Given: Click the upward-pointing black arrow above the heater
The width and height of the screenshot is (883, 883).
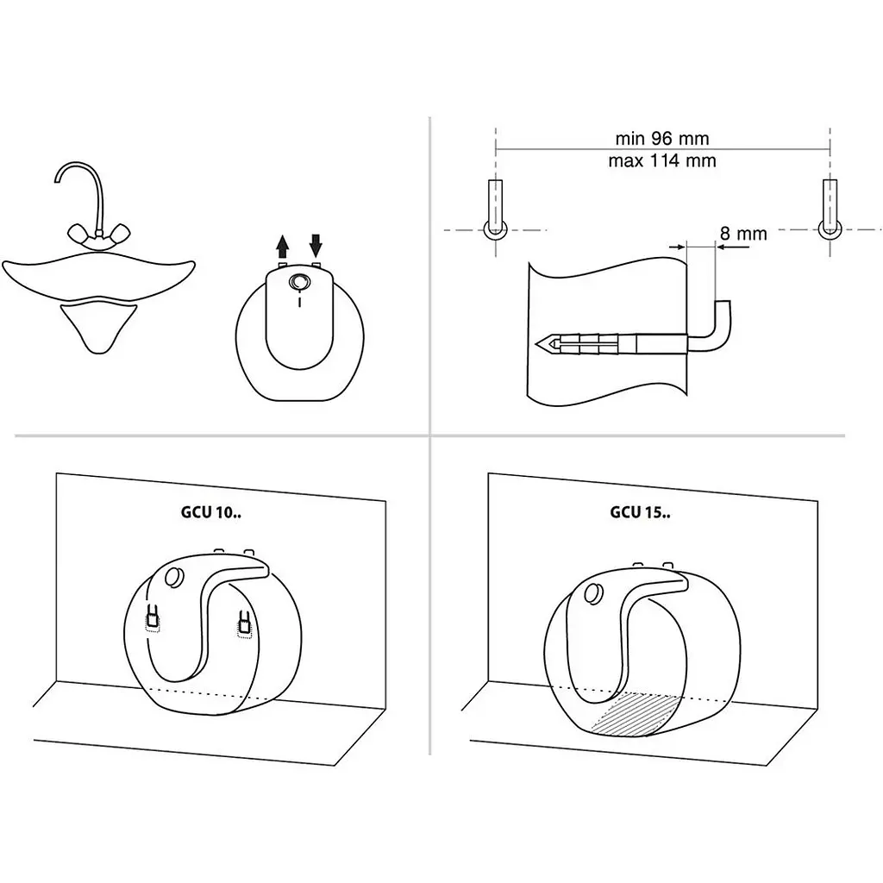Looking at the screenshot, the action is tap(283, 247).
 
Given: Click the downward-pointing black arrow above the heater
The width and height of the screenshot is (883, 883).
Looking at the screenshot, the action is tap(316, 246).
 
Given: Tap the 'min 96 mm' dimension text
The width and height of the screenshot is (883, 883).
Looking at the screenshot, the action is tap(661, 138).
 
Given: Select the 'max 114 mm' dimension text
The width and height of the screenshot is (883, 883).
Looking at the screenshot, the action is tap(661, 161).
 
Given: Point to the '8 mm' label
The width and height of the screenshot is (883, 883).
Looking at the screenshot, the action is tap(743, 233).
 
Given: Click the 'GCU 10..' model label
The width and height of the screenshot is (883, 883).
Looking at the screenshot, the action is tap(211, 512).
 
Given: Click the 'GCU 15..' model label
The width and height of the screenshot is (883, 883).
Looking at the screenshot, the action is tap(641, 512).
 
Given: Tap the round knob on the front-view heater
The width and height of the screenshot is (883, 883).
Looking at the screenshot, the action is tap(299, 282).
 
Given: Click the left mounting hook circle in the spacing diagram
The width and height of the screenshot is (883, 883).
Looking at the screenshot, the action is tap(495, 229).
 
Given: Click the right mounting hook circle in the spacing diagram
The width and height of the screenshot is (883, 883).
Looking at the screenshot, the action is tap(830, 229).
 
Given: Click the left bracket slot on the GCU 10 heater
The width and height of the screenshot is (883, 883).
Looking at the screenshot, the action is tap(152, 618).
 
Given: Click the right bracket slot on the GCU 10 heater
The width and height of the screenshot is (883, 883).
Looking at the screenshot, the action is tap(244, 624).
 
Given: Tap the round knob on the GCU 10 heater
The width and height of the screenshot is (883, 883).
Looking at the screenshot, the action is tap(174, 577).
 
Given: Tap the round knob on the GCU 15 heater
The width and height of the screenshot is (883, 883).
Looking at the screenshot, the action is tap(593, 594).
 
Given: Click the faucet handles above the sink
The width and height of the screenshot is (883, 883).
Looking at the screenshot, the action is tap(99, 232).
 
